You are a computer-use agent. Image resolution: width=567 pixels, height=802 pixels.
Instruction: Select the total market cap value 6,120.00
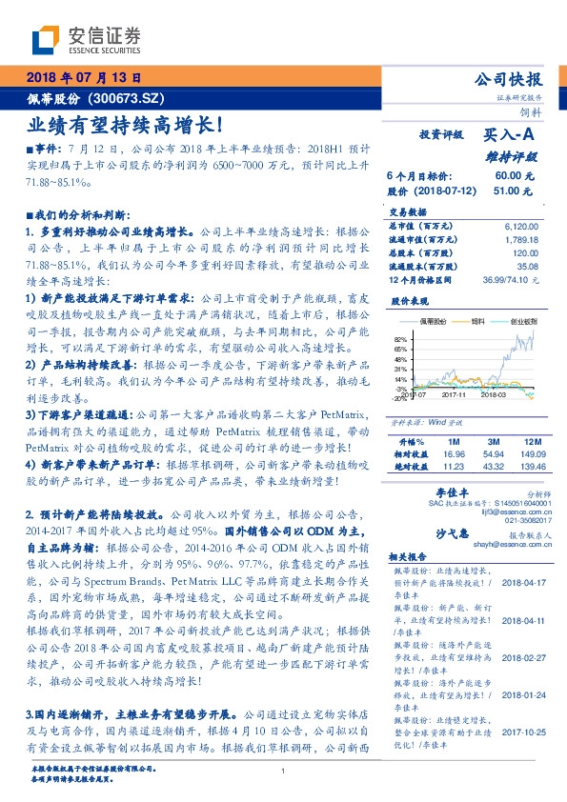point(522,225)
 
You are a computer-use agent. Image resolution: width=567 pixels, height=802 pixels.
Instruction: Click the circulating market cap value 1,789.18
point(522,238)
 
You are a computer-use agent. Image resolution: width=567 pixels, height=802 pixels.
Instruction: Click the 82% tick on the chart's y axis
point(400,339)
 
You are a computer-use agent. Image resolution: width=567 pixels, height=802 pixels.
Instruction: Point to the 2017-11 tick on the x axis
point(454,392)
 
